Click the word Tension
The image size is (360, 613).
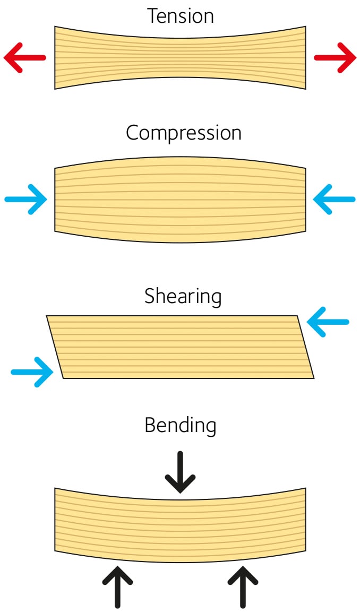(x=181, y=16)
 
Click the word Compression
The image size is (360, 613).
(x=183, y=133)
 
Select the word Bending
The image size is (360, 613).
(x=181, y=426)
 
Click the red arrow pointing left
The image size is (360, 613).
(x=24, y=57)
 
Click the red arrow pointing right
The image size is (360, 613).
(x=335, y=57)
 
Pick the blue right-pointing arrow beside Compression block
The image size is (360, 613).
(x=26, y=200)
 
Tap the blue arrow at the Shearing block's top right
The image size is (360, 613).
(x=328, y=322)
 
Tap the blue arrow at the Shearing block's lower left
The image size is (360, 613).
(x=32, y=372)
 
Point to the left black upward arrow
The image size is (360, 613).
(x=117, y=586)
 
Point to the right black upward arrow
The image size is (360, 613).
(x=243, y=586)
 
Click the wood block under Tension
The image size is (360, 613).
(x=181, y=57)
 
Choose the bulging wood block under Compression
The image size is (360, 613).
(x=181, y=200)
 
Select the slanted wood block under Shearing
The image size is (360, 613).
(x=181, y=347)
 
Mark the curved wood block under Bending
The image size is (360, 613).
(x=181, y=525)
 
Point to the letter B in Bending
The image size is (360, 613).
(x=150, y=426)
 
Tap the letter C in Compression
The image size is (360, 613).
(x=132, y=133)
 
